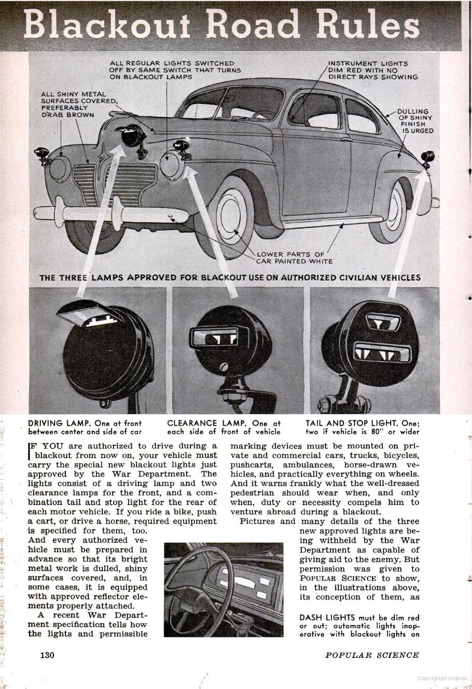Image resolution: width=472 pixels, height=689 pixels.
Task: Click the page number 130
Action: [x=47, y=655]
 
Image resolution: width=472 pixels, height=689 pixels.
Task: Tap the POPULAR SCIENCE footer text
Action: [x=371, y=655]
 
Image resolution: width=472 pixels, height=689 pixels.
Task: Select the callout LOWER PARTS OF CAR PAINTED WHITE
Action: [x=294, y=258]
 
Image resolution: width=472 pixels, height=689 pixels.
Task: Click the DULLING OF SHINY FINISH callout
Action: [x=415, y=121]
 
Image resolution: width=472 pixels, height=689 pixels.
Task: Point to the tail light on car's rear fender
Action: [x=428, y=157]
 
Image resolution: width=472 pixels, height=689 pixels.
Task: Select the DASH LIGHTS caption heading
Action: [x=327, y=617]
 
